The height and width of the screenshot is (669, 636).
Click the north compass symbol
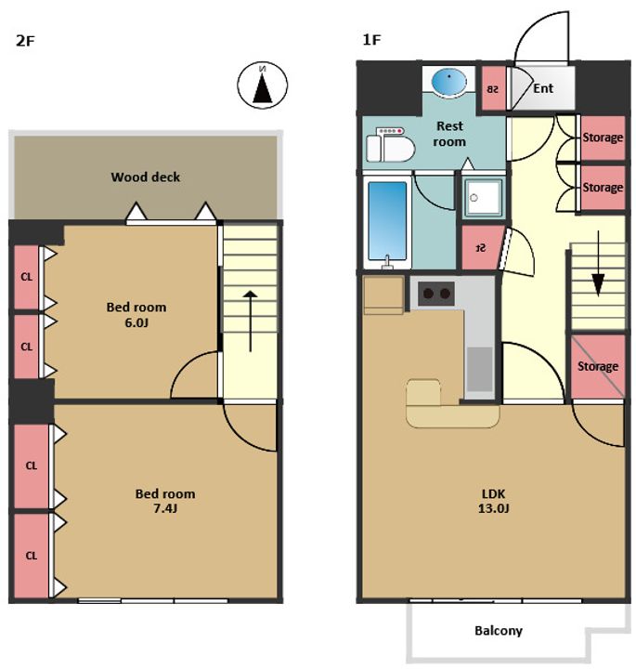tap(262, 85)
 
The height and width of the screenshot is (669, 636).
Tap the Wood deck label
tap(146, 177)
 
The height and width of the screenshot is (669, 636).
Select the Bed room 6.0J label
tap(136, 315)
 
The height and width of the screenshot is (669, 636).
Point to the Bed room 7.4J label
tap(165, 501)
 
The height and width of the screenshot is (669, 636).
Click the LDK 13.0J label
tap(494, 501)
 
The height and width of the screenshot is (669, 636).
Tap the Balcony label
tap(499, 631)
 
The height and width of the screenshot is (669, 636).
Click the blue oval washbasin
tap(448, 81)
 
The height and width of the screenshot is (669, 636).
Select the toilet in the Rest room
tap(391, 144)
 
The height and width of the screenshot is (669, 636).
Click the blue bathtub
tap(387, 220)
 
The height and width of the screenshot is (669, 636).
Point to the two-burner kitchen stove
tap(436, 294)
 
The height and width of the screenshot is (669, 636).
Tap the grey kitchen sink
tap(480, 369)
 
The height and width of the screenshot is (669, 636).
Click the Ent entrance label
tap(543, 88)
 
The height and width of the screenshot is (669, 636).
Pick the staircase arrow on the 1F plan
tap(598, 263)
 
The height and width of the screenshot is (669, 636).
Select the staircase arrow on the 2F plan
tap(251, 321)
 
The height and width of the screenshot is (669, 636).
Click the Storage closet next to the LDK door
tap(598, 366)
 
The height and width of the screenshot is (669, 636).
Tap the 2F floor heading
tap(25, 41)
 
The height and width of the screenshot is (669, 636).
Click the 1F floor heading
tap(371, 40)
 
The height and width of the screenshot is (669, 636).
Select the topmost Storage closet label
tap(603, 138)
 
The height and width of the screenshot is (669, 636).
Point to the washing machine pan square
tap(484, 197)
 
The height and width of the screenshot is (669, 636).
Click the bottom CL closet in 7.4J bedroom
tap(32, 556)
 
